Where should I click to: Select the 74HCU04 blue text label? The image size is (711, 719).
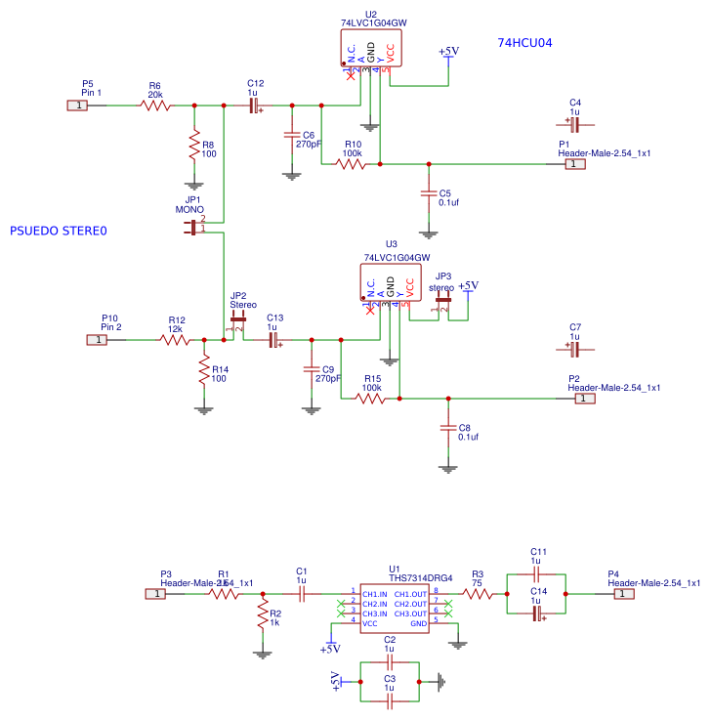525,43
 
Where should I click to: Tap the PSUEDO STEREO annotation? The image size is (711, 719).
58,232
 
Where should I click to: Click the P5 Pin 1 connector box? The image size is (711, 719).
77,105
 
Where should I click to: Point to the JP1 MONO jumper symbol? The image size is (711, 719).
192,227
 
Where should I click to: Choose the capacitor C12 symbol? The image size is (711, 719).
255,105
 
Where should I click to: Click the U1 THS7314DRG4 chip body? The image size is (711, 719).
394,609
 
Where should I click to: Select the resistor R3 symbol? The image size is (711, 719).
477,593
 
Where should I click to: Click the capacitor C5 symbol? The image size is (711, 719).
428,193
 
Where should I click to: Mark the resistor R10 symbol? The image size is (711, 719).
352,164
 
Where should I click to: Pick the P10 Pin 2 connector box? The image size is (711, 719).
98,339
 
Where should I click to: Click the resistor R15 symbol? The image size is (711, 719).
371,399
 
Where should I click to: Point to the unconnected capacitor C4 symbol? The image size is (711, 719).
574,125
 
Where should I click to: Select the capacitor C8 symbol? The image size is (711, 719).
448,428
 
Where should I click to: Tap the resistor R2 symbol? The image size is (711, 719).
262,614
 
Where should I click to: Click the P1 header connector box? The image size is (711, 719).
575,164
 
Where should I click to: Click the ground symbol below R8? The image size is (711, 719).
194,183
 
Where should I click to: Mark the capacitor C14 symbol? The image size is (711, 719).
535,613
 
